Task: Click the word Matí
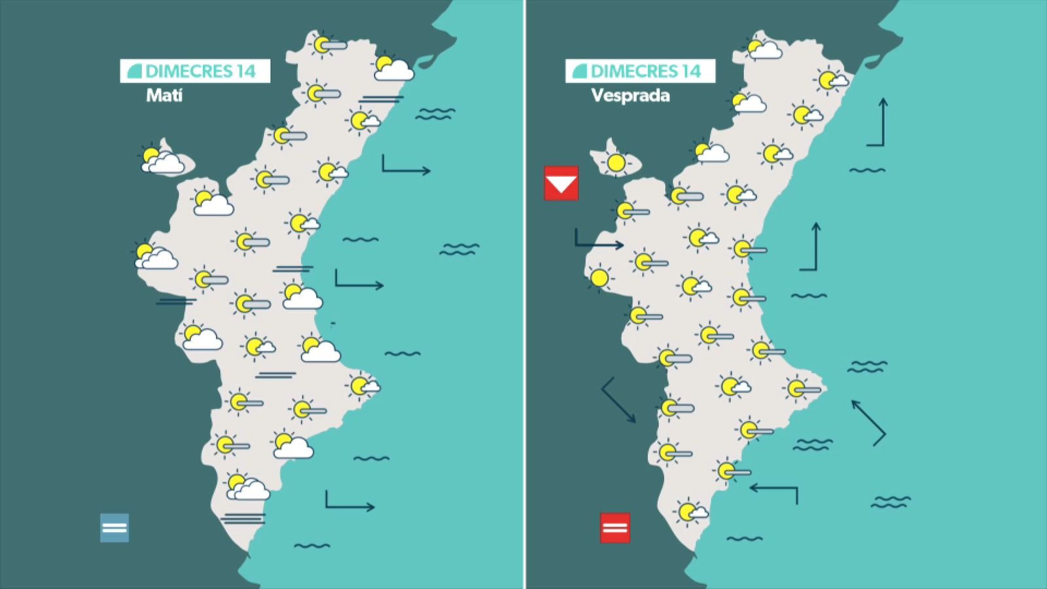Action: (x=164, y=96)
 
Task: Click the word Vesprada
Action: (x=630, y=96)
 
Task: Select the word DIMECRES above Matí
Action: (x=189, y=71)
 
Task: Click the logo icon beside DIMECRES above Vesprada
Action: (x=579, y=71)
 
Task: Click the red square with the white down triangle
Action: (x=561, y=183)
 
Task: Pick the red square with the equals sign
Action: (x=615, y=527)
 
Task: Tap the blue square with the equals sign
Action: (x=115, y=527)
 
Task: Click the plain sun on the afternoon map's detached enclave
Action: (x=616, y=162)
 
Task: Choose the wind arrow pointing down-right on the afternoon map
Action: (x=618, y=400)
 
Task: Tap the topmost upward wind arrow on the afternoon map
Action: (x=878, y=122)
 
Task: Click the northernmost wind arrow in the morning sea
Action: (x=406, y=166)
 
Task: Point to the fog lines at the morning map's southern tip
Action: (x=243, y=518)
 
